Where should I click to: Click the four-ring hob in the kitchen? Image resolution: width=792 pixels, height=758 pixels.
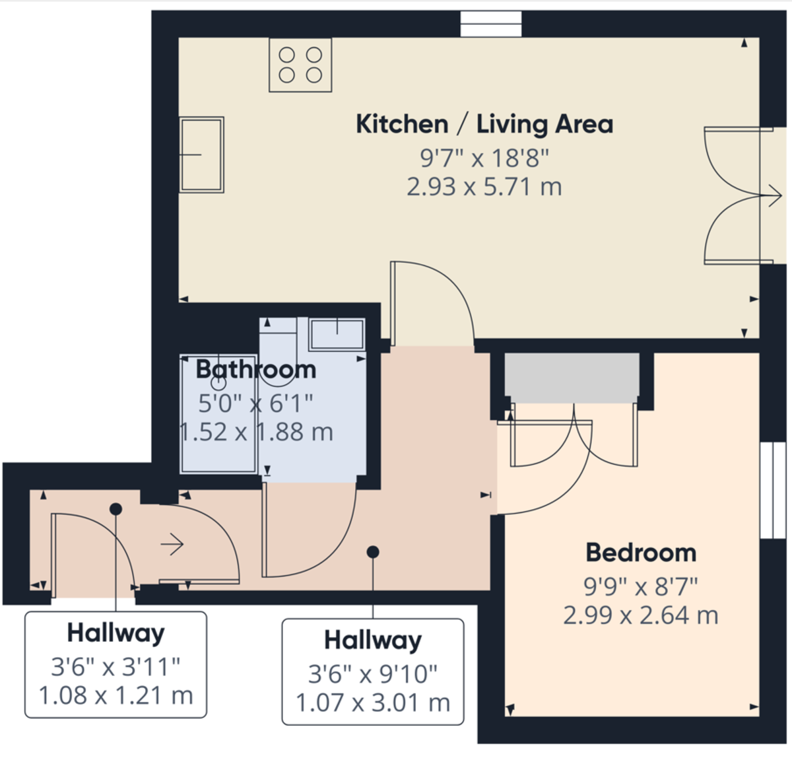click(300, 65)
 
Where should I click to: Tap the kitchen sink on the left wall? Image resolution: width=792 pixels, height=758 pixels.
click(202, 155)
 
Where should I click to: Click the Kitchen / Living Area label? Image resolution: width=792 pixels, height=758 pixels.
click(484, 124)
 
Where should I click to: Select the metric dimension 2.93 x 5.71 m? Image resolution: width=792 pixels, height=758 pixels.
click(484, 187)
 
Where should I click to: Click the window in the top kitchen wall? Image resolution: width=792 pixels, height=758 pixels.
click(490, 24)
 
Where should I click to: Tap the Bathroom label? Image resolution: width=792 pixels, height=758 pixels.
click(256, 369)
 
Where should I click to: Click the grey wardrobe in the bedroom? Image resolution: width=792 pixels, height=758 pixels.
click(572, 378)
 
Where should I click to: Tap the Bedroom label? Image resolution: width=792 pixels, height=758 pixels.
click(641, 553)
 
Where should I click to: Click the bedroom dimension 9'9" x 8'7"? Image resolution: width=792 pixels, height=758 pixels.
click(641, 585)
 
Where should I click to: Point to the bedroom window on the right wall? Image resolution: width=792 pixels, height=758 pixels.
click(772, 489)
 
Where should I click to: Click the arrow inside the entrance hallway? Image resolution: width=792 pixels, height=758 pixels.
click(172, 545)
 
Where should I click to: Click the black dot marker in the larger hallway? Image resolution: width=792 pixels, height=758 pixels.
click(373, 551)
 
